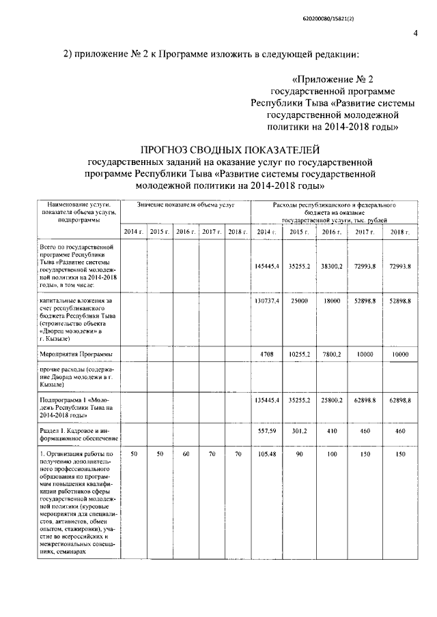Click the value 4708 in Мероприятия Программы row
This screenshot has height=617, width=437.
tap(267, 355)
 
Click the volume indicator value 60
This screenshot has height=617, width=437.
tap(186, 454)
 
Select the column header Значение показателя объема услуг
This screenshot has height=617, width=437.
tap(185, 205)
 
